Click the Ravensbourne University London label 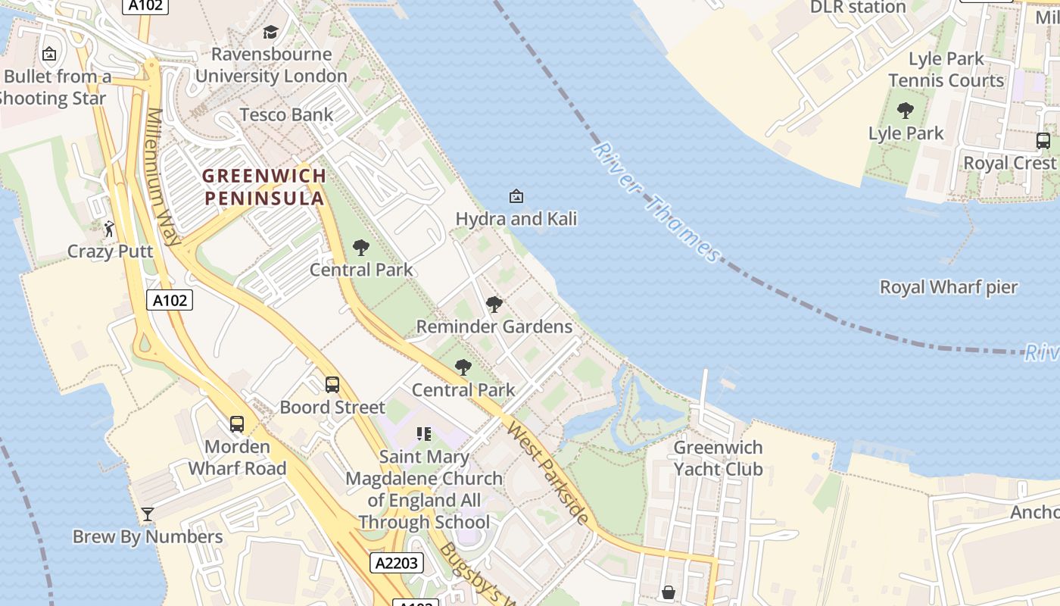271,65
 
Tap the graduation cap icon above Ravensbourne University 270,32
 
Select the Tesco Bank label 286,115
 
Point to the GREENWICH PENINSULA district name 264,187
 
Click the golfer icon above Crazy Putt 110,227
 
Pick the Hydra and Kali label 516,219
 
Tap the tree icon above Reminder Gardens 494,305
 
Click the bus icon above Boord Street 332,385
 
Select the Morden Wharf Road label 237,458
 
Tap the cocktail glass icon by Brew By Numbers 148,515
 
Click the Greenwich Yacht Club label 718,458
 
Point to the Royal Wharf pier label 949,288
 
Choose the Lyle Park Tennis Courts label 946,70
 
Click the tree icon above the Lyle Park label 906,111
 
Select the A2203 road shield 397,562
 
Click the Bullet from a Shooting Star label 55,87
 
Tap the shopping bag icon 669,592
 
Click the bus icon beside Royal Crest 1043,141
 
